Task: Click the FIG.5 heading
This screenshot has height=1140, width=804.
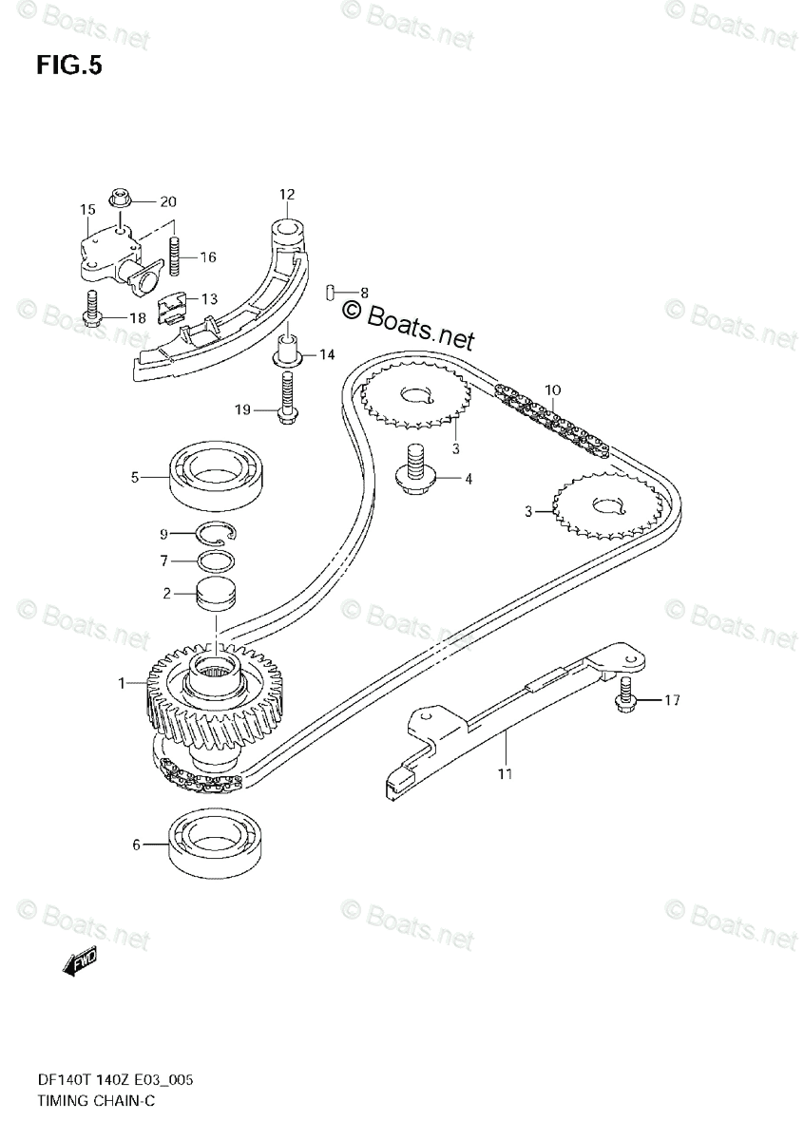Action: coord(68,66)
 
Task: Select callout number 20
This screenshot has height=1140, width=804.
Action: coord(168,201)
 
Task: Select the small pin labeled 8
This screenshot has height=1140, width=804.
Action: coord(329,292)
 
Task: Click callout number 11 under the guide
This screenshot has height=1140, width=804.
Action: coord(505,773)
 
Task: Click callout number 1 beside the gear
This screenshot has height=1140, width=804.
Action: coord(122,682)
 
